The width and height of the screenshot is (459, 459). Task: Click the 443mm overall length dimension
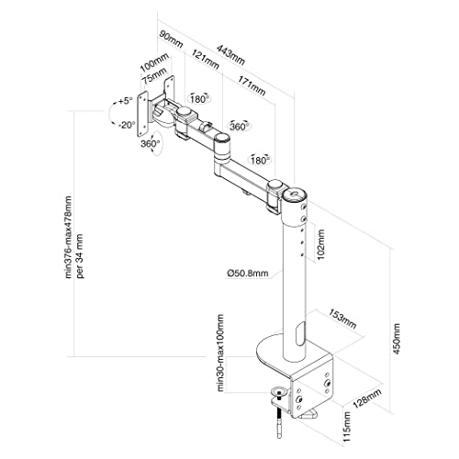(x=230, y=55)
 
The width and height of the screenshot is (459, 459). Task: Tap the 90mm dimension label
(x=171, y=39)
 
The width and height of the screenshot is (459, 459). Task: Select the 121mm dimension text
(x=206, y=60)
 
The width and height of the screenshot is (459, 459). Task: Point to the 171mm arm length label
(x=252, y=85)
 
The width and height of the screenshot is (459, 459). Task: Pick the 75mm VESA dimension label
(x=155, y=76)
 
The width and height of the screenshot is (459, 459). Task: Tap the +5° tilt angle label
(x=125, y=101)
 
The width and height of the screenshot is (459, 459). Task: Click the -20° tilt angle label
(x=127, y=125)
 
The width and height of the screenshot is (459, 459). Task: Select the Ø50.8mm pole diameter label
(x=248, y=274)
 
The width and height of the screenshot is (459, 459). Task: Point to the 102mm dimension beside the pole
(x=321, y=245)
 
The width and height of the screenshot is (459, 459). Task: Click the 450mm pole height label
(x=397, y=339)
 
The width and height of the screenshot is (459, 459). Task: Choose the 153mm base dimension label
(x=342, y=319)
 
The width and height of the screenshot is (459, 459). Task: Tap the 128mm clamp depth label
(x=367, y=398)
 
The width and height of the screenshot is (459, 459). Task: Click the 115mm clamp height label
(x=346, y=426)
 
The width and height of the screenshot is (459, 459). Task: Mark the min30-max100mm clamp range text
(x=220, y=353)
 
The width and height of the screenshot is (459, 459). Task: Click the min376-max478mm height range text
(x=68, y=238)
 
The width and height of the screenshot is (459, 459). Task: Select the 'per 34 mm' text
(x=81, y=256)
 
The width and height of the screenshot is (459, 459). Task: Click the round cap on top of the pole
(x=294, y=195)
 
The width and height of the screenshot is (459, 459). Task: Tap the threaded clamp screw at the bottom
(x=279, y=418)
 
